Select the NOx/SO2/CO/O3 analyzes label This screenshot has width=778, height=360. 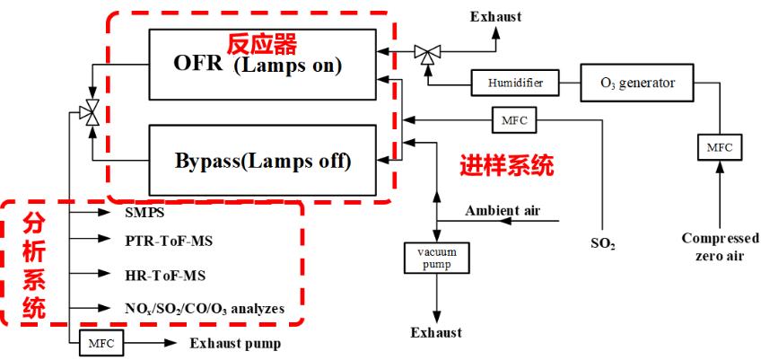coord(205,308)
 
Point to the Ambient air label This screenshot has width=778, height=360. coord(502,211)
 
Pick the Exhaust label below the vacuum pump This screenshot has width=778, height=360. coord(436,333)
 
